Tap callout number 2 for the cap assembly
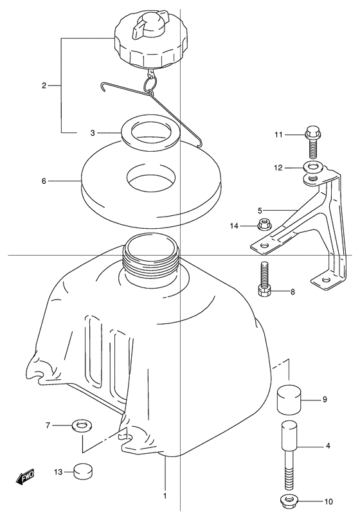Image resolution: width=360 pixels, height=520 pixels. [x=44, y=85]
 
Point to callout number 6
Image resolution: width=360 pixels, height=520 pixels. [x=44, y=181]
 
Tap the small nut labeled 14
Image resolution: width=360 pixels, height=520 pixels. [x=264, y=225]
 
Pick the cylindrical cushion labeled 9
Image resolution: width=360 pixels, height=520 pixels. [x=289, y=399]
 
